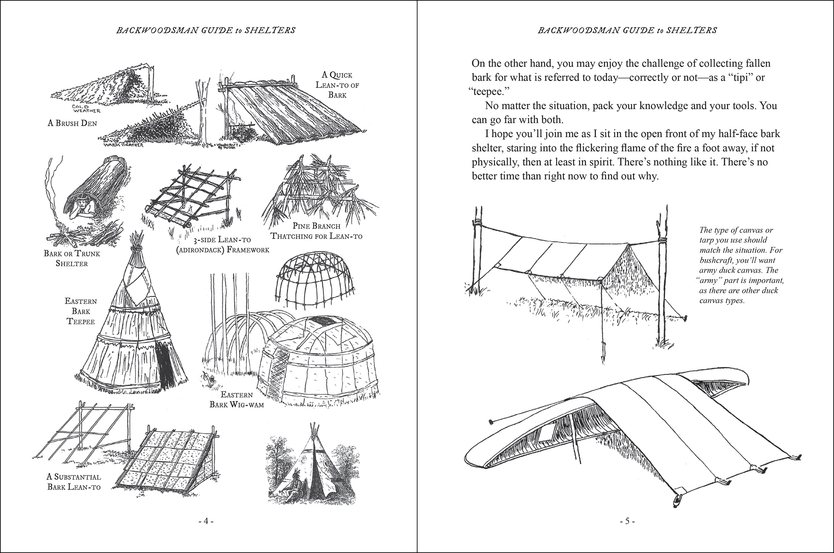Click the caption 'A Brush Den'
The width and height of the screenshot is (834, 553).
click(72, 123)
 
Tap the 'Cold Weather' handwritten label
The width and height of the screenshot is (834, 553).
click(86, 109)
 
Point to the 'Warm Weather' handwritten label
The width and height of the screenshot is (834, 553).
click(123, 145)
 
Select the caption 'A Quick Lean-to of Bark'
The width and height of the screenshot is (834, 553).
click(337, 85)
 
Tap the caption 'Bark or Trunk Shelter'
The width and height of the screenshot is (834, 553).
click(72, 258)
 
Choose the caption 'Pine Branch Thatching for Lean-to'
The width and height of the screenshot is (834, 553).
click(316, 231)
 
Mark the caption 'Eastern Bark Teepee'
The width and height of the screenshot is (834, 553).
click(81, 311)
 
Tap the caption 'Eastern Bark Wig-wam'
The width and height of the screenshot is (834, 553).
click(237, 400)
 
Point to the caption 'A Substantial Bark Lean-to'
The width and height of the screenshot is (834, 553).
click(74, 482)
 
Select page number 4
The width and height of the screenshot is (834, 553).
click(206, 521)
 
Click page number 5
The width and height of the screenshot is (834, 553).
click(627, 521)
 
